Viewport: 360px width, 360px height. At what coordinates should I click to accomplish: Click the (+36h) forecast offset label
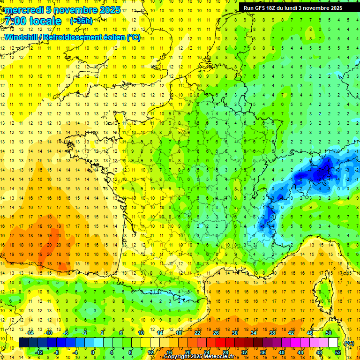point(81,21)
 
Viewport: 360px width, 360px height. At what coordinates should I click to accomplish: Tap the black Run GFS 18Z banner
point(293,7)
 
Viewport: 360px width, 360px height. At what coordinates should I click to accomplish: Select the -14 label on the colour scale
point(30,333)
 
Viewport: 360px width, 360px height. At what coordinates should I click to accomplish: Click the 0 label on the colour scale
point(93,352)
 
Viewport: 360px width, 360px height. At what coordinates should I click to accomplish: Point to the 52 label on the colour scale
point(337,352)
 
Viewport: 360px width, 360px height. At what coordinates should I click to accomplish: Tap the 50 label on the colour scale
point(329,333)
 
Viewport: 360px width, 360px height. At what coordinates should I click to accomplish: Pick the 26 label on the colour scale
point(216,333)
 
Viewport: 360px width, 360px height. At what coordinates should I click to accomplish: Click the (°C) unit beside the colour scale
point(349,343)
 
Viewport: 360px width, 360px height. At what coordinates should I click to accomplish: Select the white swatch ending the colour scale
point(333,343)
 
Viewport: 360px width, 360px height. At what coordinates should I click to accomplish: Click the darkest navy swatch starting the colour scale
point(23,343)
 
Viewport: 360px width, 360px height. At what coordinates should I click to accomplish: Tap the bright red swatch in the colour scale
point(220,343)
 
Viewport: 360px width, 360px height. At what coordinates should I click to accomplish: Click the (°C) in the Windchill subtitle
point(133,37)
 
